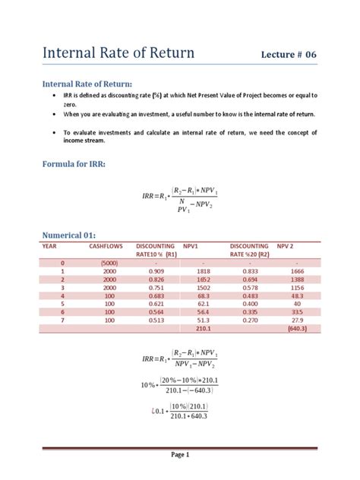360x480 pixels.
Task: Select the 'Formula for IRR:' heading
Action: [x=73, y=164]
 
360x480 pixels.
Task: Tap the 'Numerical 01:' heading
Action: [x=71, y=235]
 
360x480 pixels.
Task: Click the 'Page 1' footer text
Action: [x=180, y=455]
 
